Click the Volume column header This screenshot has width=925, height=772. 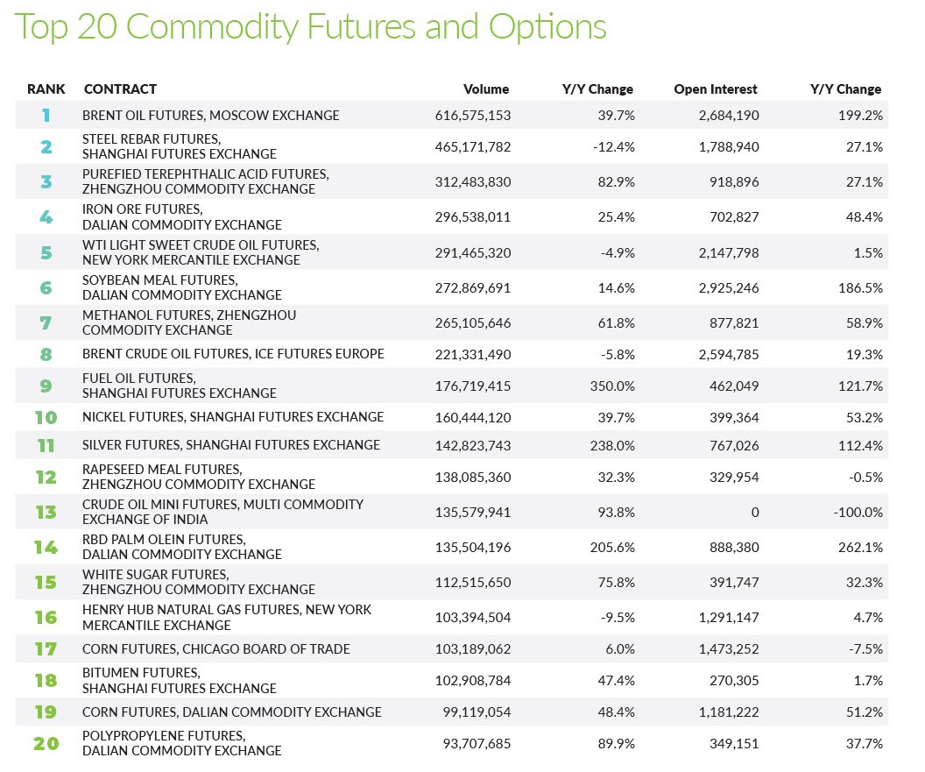486,89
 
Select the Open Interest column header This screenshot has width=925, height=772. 716,89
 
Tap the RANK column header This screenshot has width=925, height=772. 46,89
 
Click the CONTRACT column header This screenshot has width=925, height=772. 120,89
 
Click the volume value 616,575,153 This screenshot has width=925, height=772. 473,116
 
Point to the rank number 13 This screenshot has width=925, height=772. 46,512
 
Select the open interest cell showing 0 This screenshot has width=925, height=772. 755,513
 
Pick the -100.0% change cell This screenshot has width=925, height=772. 858,513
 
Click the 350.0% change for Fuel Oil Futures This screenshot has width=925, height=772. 612,386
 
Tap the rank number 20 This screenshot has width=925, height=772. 46,743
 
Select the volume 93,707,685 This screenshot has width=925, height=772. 477,744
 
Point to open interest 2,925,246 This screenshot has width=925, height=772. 729,288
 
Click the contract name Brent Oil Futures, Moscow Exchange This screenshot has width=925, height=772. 210,116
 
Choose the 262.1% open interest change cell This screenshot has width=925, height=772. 861,547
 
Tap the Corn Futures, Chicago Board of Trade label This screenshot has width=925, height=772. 215,649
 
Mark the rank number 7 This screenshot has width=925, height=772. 46,322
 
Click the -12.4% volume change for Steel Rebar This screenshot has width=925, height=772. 614,147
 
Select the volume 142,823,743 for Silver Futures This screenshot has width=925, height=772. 473,446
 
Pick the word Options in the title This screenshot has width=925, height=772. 547,28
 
